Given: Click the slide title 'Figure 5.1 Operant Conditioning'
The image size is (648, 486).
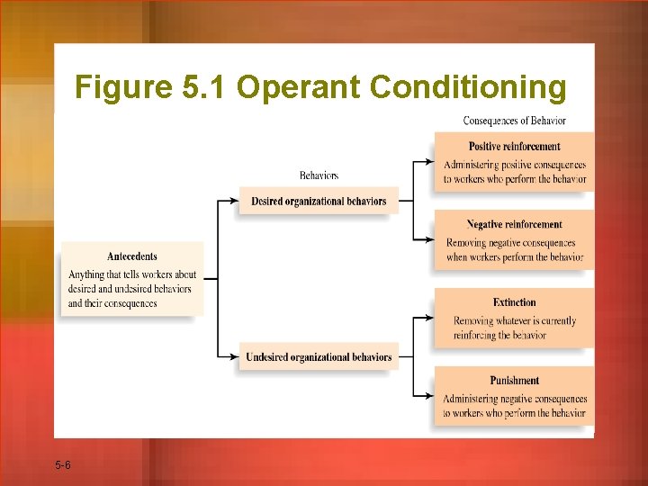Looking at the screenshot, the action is pos(320,87).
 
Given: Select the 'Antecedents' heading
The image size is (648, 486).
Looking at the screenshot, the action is pos(132,256).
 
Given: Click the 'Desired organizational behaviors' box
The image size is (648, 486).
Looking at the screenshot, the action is pos(319,201).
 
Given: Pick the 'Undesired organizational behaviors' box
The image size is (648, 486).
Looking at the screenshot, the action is pos(319,357).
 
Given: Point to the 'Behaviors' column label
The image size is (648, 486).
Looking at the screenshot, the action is pos(319,175).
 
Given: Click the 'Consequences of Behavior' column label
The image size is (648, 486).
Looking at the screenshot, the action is pos(514,121).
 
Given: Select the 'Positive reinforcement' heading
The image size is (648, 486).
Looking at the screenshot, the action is pos(514,147).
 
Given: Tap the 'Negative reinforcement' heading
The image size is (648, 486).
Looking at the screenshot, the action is pos(514,225).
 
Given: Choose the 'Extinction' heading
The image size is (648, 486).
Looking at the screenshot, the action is pos(514,302).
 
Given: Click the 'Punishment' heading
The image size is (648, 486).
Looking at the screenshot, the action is pos(514,381).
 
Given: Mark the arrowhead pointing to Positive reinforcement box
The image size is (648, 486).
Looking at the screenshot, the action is pos(430,163).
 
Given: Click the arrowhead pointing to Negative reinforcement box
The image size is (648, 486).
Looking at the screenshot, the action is pos(430,240).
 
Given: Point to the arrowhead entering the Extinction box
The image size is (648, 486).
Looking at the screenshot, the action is pos(430,318).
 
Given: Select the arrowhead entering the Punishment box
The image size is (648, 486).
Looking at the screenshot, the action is pos(430,396).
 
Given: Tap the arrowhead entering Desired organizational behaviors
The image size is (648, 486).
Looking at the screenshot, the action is pos(235,201).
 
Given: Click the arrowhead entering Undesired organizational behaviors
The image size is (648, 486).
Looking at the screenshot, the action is pos(235,357).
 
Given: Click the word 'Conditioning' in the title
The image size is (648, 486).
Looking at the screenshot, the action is pos(468,87).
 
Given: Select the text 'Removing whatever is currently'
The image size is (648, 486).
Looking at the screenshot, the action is pos(515,320).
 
